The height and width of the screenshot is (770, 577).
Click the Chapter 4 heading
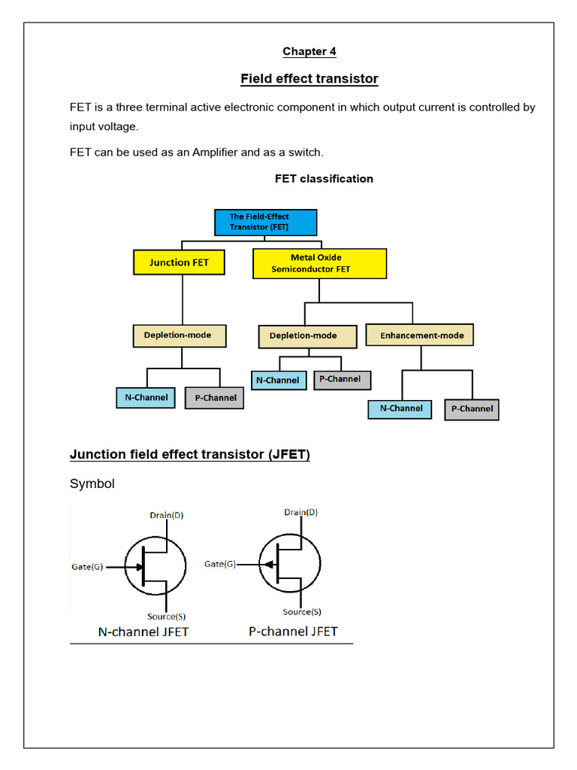(x=309, y=52)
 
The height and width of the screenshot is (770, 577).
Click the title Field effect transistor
(x=309, y=79)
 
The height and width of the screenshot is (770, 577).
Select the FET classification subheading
(x=324, y=179)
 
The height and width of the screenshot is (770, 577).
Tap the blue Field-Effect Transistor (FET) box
(x=265, y=222)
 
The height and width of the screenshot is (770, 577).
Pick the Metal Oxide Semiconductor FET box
(x=319, y=263)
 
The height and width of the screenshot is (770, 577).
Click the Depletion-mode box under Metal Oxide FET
(x=304, y=336)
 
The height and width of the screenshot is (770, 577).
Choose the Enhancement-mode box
(x=420, y=335)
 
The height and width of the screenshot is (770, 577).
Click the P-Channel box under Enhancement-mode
(x=471, y=409)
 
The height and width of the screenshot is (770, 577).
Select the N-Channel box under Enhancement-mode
(x=400, y=409)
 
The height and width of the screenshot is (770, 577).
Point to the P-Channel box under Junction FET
(x=214, y=398)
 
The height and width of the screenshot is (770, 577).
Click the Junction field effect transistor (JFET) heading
(x=189, y=455)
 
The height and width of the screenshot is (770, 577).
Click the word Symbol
(x=92, y=484)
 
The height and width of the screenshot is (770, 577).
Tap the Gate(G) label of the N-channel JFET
(x=87, y=567)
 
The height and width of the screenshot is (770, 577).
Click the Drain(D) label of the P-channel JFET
(x=301, y=513)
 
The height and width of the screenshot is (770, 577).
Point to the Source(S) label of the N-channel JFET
(x=166, y=616)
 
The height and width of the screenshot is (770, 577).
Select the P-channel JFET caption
(x=293, y=632)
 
